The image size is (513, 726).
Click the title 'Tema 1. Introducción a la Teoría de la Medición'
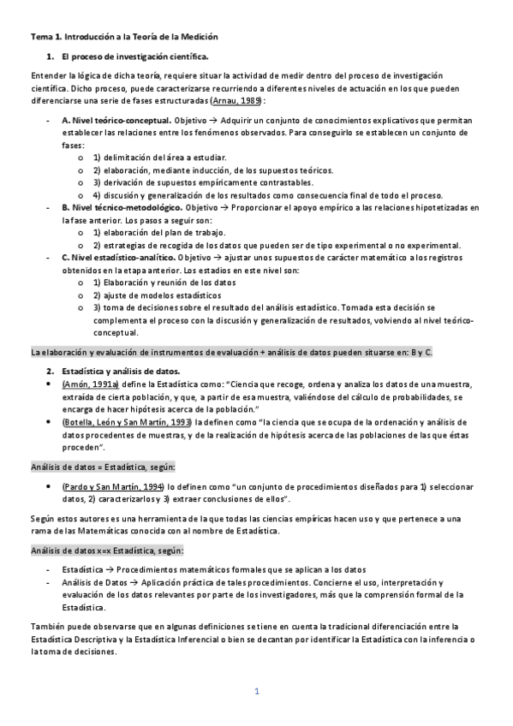tap(124, 37)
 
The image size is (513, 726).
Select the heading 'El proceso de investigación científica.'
tap(134, 57)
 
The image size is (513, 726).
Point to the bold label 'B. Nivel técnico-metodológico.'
tap(122, 208)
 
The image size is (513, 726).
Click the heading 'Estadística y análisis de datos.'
tap(121, 371)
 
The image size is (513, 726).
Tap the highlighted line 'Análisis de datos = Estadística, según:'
tap(104, 467)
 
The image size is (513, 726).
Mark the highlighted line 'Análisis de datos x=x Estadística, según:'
tap(108, 550)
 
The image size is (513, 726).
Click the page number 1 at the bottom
tap(256, 691)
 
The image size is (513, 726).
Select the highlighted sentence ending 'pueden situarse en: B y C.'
tap(243, 351)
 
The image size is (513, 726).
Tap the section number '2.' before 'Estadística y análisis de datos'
tap(50, 371)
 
